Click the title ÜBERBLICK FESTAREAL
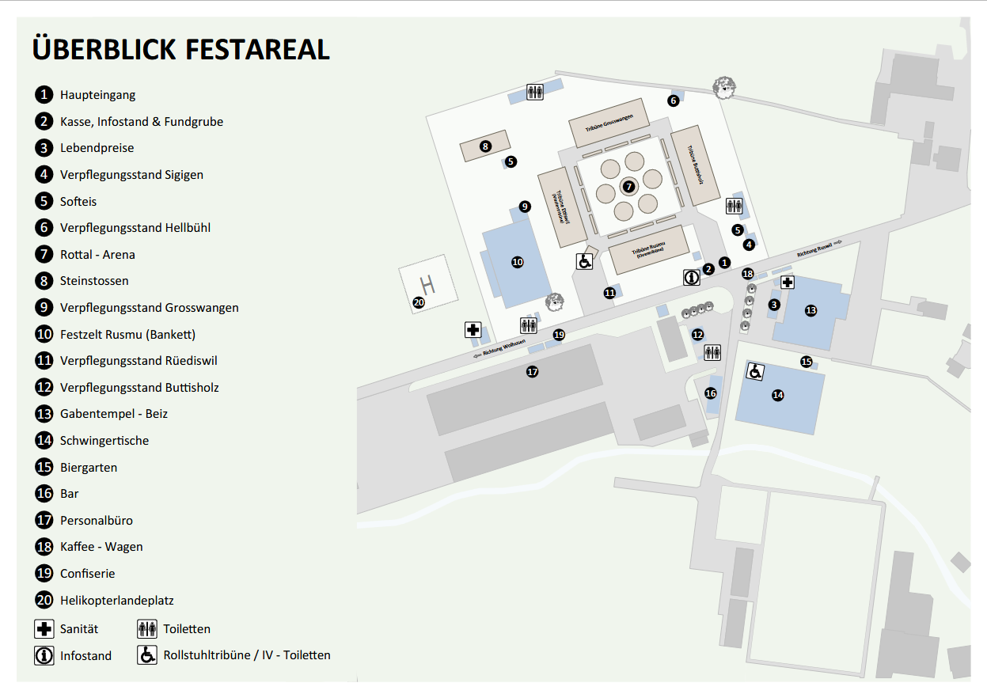coord(180,49)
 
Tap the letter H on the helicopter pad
coord(427,283)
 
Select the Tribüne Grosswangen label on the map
coord(609,123)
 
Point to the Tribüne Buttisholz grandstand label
coord(697,165)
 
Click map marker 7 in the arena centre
coord(628,187)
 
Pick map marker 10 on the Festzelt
coord(518,262)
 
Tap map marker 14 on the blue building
coord(778,395)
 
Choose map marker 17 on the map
coord(532,371)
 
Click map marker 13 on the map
coord(810,310)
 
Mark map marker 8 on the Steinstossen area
coord(485,146)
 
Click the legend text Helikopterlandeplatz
coord(116,601)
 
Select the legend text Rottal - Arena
coord(97,255)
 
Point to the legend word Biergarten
coord(89,468)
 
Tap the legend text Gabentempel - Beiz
coord(114,414)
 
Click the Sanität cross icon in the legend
coord(44,630)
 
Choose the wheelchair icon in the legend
coord(147,655)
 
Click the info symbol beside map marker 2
coord(692,278)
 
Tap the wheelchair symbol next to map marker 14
coord(755,370)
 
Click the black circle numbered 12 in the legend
coord(44,388)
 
